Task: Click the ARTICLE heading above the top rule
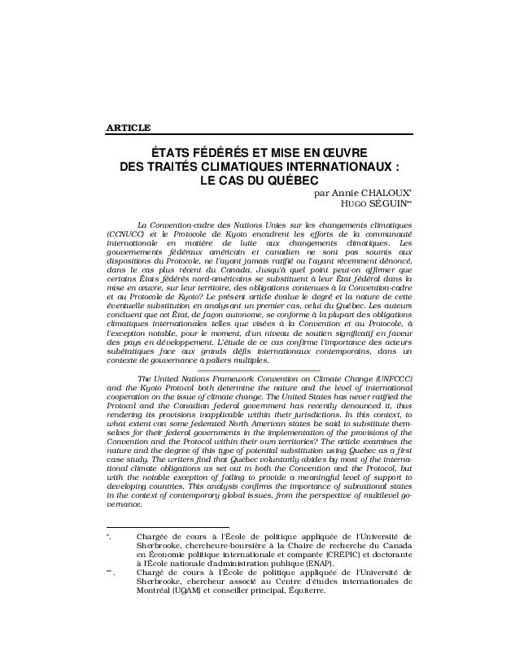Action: (x=128, y=127)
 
